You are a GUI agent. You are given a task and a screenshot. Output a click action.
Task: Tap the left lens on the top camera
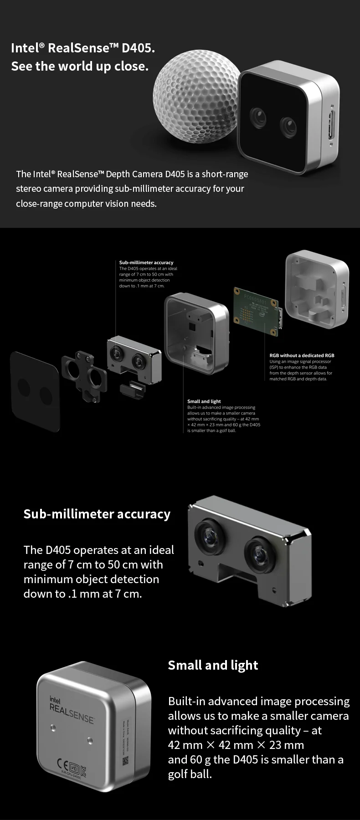258,116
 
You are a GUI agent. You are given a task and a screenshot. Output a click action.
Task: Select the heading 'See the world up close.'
80,67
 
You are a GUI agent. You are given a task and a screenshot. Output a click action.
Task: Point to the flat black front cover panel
35,390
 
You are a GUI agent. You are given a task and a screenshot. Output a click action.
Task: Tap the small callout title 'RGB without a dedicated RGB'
302,355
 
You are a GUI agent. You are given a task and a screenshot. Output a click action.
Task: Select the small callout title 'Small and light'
204,401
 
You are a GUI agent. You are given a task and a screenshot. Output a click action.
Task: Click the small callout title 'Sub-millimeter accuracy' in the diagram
146,262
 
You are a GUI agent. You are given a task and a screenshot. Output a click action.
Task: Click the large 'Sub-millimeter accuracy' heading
97,514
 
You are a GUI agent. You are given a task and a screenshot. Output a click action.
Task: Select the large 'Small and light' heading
213,666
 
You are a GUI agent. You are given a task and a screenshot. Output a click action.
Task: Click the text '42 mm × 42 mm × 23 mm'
236,745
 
